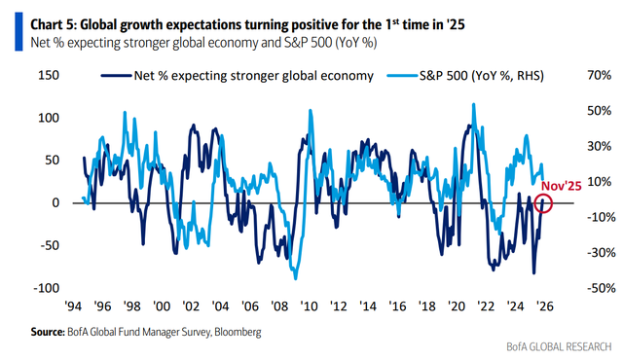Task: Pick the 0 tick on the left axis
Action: point(55,202)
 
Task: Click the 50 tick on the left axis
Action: point(51,160)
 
